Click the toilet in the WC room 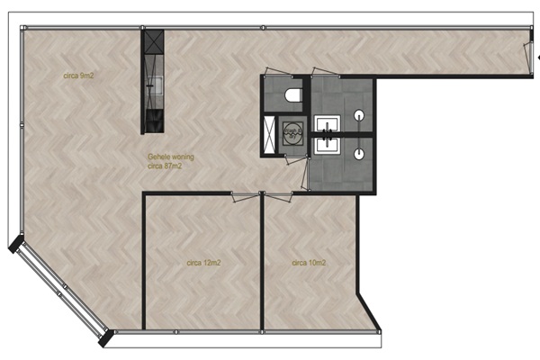click(293, 95)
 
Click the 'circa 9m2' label click(78, 76)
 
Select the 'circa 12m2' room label click(203, 263)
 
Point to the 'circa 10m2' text click(309, 263)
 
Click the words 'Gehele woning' click(171, 157)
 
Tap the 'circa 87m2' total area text click(165, 166)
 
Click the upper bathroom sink click(328, 123)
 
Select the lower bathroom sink click(328, 145)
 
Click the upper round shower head click(359, 114)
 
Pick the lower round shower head click(359, 154)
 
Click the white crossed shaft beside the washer click(269, 134)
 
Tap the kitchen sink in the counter click(156, 85)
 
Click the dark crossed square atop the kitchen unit click(154, 41)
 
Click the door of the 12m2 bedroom click(245, 196)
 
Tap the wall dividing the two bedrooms click(262, 262)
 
